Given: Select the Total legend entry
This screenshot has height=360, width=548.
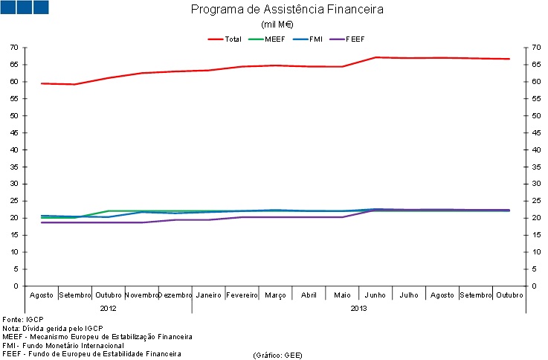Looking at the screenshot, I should click(232, 39).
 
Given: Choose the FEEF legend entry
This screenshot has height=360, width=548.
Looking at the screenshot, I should click(353, 39).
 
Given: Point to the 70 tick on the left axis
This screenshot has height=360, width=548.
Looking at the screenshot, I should click(14, 48).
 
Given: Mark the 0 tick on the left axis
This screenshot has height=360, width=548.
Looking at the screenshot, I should click(16, 286).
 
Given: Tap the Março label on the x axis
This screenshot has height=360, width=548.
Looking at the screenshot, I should click(275, 295).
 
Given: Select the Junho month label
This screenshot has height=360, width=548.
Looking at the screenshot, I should click(375, 295).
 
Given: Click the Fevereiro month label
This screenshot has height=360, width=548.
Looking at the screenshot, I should click(242, 295).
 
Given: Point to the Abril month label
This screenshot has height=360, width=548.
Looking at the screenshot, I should click(309, 295).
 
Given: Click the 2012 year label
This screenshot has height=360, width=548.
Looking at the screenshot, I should click(108, 306).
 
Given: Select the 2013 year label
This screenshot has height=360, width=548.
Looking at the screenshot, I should click(358, 306).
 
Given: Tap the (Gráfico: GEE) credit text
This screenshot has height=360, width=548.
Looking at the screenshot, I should click(277, 355).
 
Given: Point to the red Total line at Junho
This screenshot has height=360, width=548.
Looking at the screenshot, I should click(375, 57).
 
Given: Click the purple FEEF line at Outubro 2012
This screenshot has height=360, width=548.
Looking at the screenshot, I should click(109, 222).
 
